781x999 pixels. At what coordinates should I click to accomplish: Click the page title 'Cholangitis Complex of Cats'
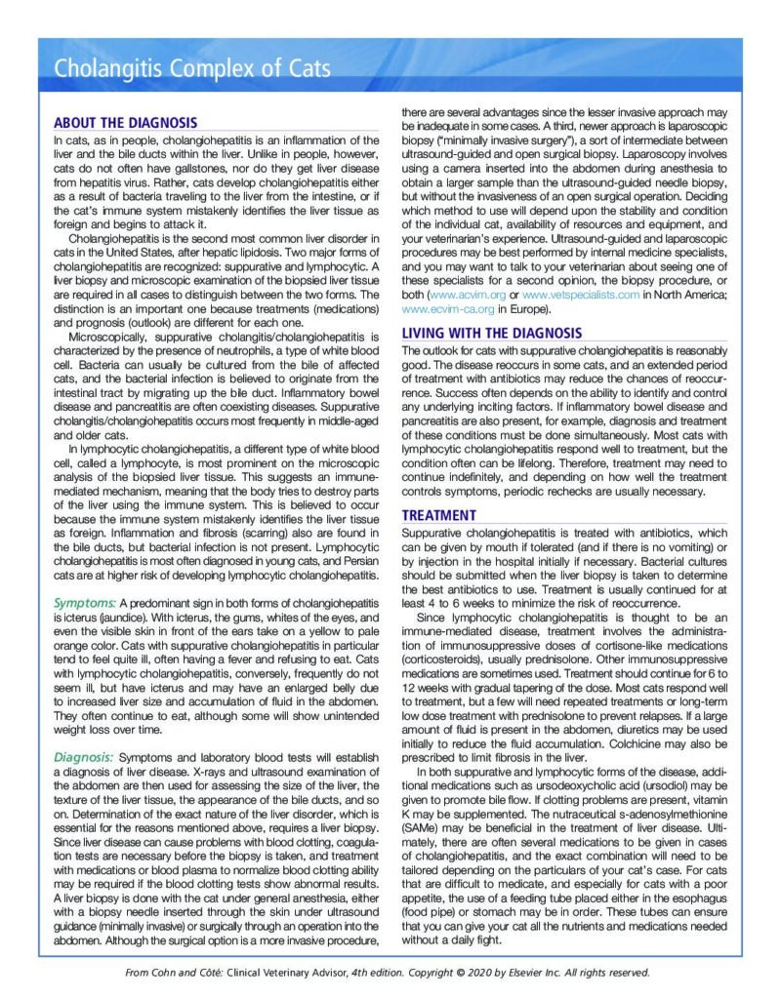[191, 69]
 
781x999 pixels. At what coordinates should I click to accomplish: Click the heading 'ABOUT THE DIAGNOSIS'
[125, 123]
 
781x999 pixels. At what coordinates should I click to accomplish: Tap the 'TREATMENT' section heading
[439, 515]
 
